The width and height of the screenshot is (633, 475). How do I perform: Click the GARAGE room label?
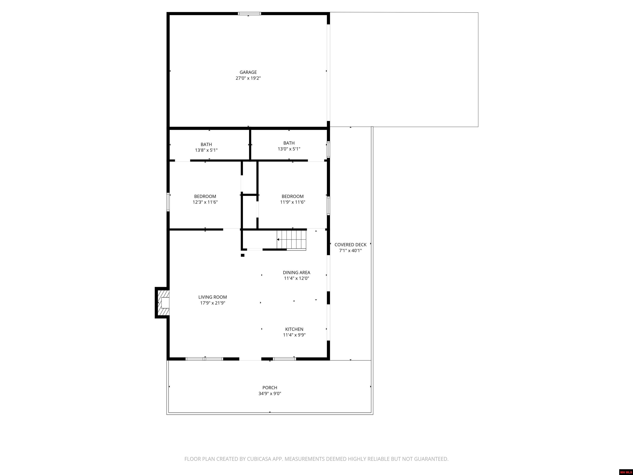(248, 72)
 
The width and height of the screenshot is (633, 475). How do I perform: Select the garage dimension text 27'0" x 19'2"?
(248, 78)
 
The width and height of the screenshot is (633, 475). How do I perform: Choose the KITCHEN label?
(294, 329)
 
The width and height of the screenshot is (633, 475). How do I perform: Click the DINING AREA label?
(297, 273)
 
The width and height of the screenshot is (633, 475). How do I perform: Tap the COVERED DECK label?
(350, 245)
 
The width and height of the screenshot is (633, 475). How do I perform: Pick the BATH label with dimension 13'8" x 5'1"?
(206, 145)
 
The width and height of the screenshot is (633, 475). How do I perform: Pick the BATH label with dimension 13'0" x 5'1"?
(289, 143)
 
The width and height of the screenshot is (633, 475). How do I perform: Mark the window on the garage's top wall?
(250, 13)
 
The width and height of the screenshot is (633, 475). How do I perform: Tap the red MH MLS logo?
(626, 472)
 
